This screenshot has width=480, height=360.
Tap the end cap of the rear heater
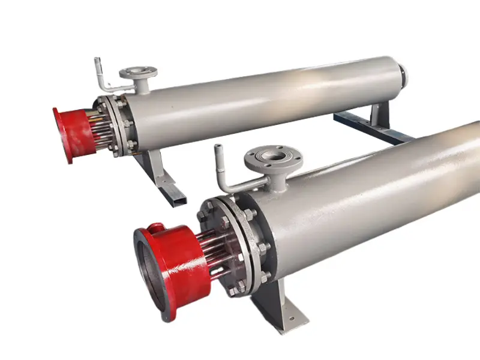pyautogui.click(x=403, y=75)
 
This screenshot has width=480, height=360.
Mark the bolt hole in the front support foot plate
pyautogui.click(x=290, y=321)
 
